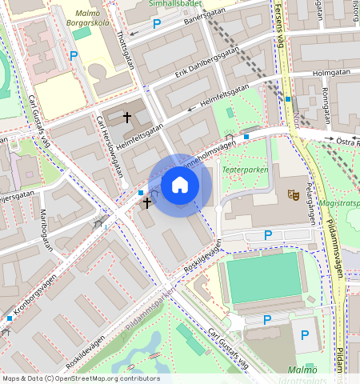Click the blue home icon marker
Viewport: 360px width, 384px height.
pos(180,185)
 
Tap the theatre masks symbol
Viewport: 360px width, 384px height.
pos(294,194)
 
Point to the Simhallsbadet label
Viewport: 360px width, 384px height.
pos(174,3)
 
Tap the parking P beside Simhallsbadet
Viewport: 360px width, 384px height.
pos(156,24)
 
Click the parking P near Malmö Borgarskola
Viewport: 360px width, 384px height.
pos(74,56)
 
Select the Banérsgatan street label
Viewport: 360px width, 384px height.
pos(191,18)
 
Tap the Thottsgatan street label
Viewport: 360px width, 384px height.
pos(122,50)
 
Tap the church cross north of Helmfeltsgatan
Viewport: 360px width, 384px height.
pos(126,118)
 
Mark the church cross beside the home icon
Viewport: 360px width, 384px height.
pos(146,203)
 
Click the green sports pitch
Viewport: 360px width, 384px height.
pos(265,278)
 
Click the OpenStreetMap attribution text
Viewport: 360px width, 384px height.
pos(80,378)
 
